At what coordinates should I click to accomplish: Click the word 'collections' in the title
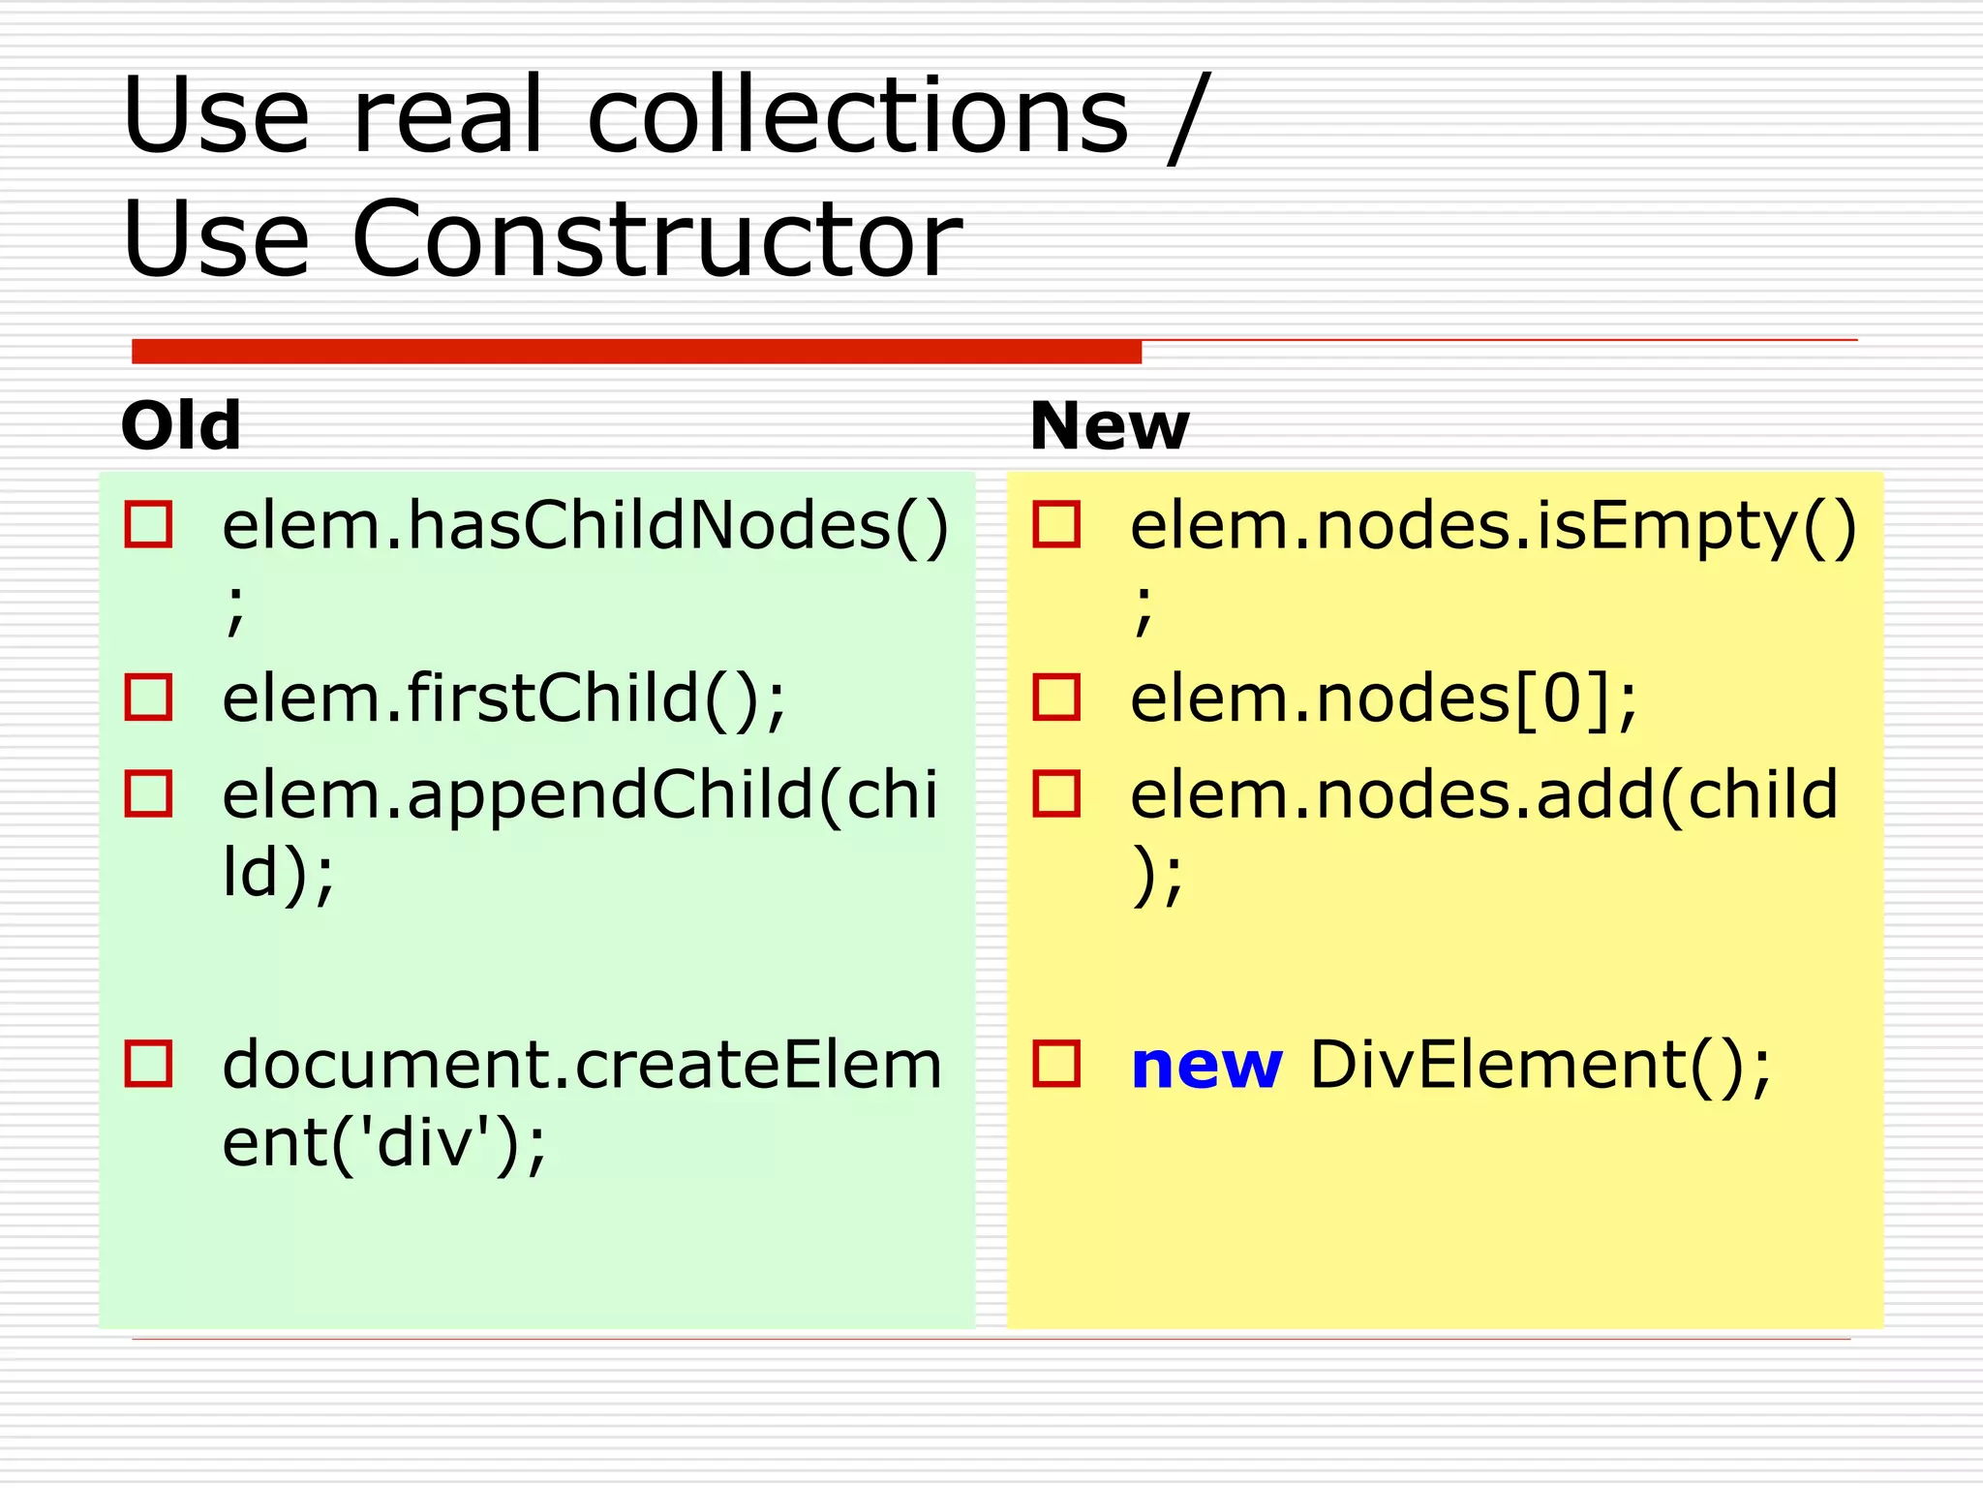[x=858, y=116]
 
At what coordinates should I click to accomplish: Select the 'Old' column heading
[x=181, y=425]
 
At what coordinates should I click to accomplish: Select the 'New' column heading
[x=1109, y=425]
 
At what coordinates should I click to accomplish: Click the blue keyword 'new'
[x=1206, y=1065]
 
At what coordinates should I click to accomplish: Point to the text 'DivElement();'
[x=1540, y=1066]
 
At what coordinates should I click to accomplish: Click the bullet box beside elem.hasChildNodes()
[x=148, y=525]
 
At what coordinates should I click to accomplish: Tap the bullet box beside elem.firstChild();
[x=148, y=697]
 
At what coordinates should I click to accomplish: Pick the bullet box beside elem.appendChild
[x=148, y=793]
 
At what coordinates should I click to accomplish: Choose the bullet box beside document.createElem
[x=148, y=1064]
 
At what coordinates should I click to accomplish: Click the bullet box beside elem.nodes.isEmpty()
[x=1056, y=525]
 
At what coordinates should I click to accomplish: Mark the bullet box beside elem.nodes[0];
[x=1056, y=697]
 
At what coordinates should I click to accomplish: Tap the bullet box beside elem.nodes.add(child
[x=1056, y=793]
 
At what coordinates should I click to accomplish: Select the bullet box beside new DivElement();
[x=1056, y=1064]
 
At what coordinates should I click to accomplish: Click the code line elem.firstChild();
[x=503, y=698]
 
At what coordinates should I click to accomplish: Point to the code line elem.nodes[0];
[x=1384, y=698]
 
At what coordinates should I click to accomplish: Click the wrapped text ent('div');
[x=384, y=1144]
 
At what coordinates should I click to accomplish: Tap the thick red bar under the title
[x=636, y=352]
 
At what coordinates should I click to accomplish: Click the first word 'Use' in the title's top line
[x=216, y=116]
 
